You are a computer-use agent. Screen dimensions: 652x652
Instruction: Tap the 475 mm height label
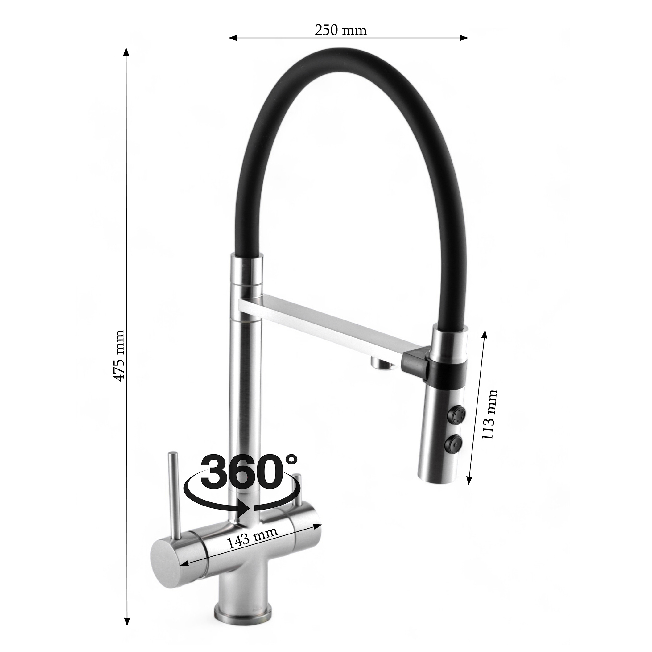tap(119, 356)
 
